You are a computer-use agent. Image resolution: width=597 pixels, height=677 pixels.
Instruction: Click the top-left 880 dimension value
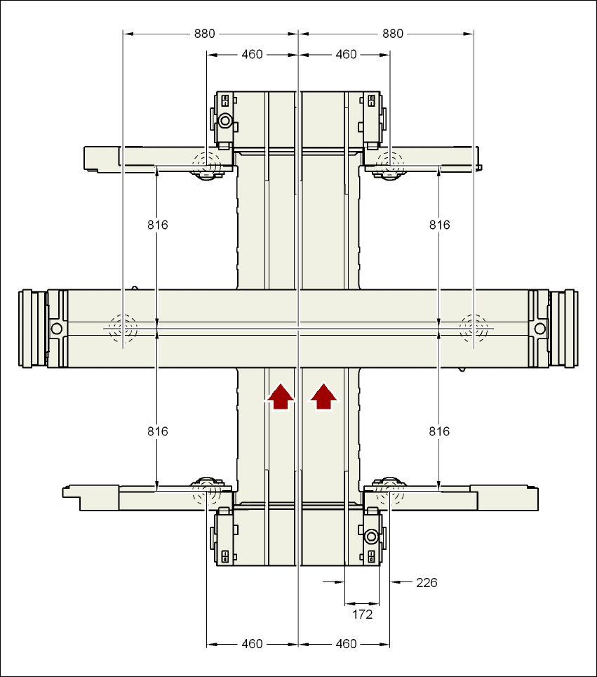pyautogui.click(x=205, y=33)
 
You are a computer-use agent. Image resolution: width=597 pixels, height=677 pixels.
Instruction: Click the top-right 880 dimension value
pyautogui.click(x=393, y=33)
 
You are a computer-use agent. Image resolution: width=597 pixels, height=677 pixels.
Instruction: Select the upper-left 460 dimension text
pyautogui.click(x=252, y=54)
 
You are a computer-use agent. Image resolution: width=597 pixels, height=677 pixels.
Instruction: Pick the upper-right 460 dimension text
pyautogui.click(x=346, y=54)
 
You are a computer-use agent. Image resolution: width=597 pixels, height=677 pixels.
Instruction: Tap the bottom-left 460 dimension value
pyautogui.click(x=252, y=643)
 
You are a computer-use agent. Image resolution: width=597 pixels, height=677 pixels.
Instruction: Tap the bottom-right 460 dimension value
pyautogui.click(x=346, y=643)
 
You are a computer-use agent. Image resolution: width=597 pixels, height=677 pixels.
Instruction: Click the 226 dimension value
pyautogui.click(x=427, y=582)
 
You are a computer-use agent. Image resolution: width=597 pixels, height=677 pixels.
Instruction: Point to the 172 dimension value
pyautogui.click(x=362, y=614)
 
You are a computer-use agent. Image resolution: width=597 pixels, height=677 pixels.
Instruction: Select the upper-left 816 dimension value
pyautogui.click(x=158, y=225)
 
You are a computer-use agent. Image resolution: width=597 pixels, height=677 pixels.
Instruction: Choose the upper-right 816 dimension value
pyautogui.click(x=439, y=225)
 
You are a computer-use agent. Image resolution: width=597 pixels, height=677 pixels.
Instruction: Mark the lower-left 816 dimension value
pyautogui.click(x=158, y=431)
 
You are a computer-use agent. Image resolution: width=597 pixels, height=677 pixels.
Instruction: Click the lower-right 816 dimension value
pyautogui.click(x=439, y=431)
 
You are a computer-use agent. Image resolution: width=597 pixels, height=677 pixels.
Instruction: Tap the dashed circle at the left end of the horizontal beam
pyautogui.click(x=123, y=327)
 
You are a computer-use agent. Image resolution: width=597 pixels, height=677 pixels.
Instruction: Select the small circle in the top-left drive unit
pyautogui.click(x=224, y=120)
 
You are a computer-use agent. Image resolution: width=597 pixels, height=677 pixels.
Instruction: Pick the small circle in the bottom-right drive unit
pyautogui.click(x=371, y=537)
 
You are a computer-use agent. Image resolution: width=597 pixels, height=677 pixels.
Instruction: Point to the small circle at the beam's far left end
pyautogui.click(x=57, y=328)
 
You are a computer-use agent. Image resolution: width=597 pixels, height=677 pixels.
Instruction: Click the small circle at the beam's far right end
pyautogui.click(x=539, y=328)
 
